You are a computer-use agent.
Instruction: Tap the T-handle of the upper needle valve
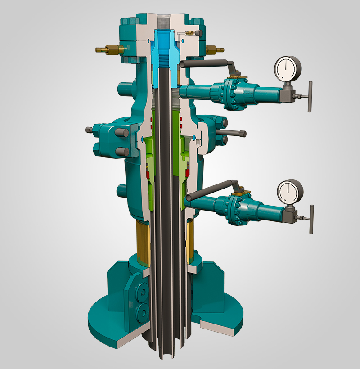(310, 96)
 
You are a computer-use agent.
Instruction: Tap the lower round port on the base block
(144, 310)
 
